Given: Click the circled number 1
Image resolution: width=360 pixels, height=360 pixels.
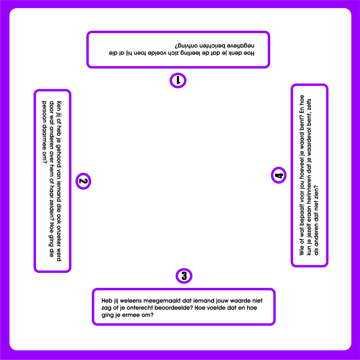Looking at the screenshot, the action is click(178, 81).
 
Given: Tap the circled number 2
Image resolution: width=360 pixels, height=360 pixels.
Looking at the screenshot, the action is click(83, 181).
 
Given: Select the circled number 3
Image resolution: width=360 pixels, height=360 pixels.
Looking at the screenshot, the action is click(184, 276).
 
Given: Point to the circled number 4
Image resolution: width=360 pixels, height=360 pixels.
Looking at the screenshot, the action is click(278, 175).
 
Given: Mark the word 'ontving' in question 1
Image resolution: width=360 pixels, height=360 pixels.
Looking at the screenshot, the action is click(186, 46).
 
